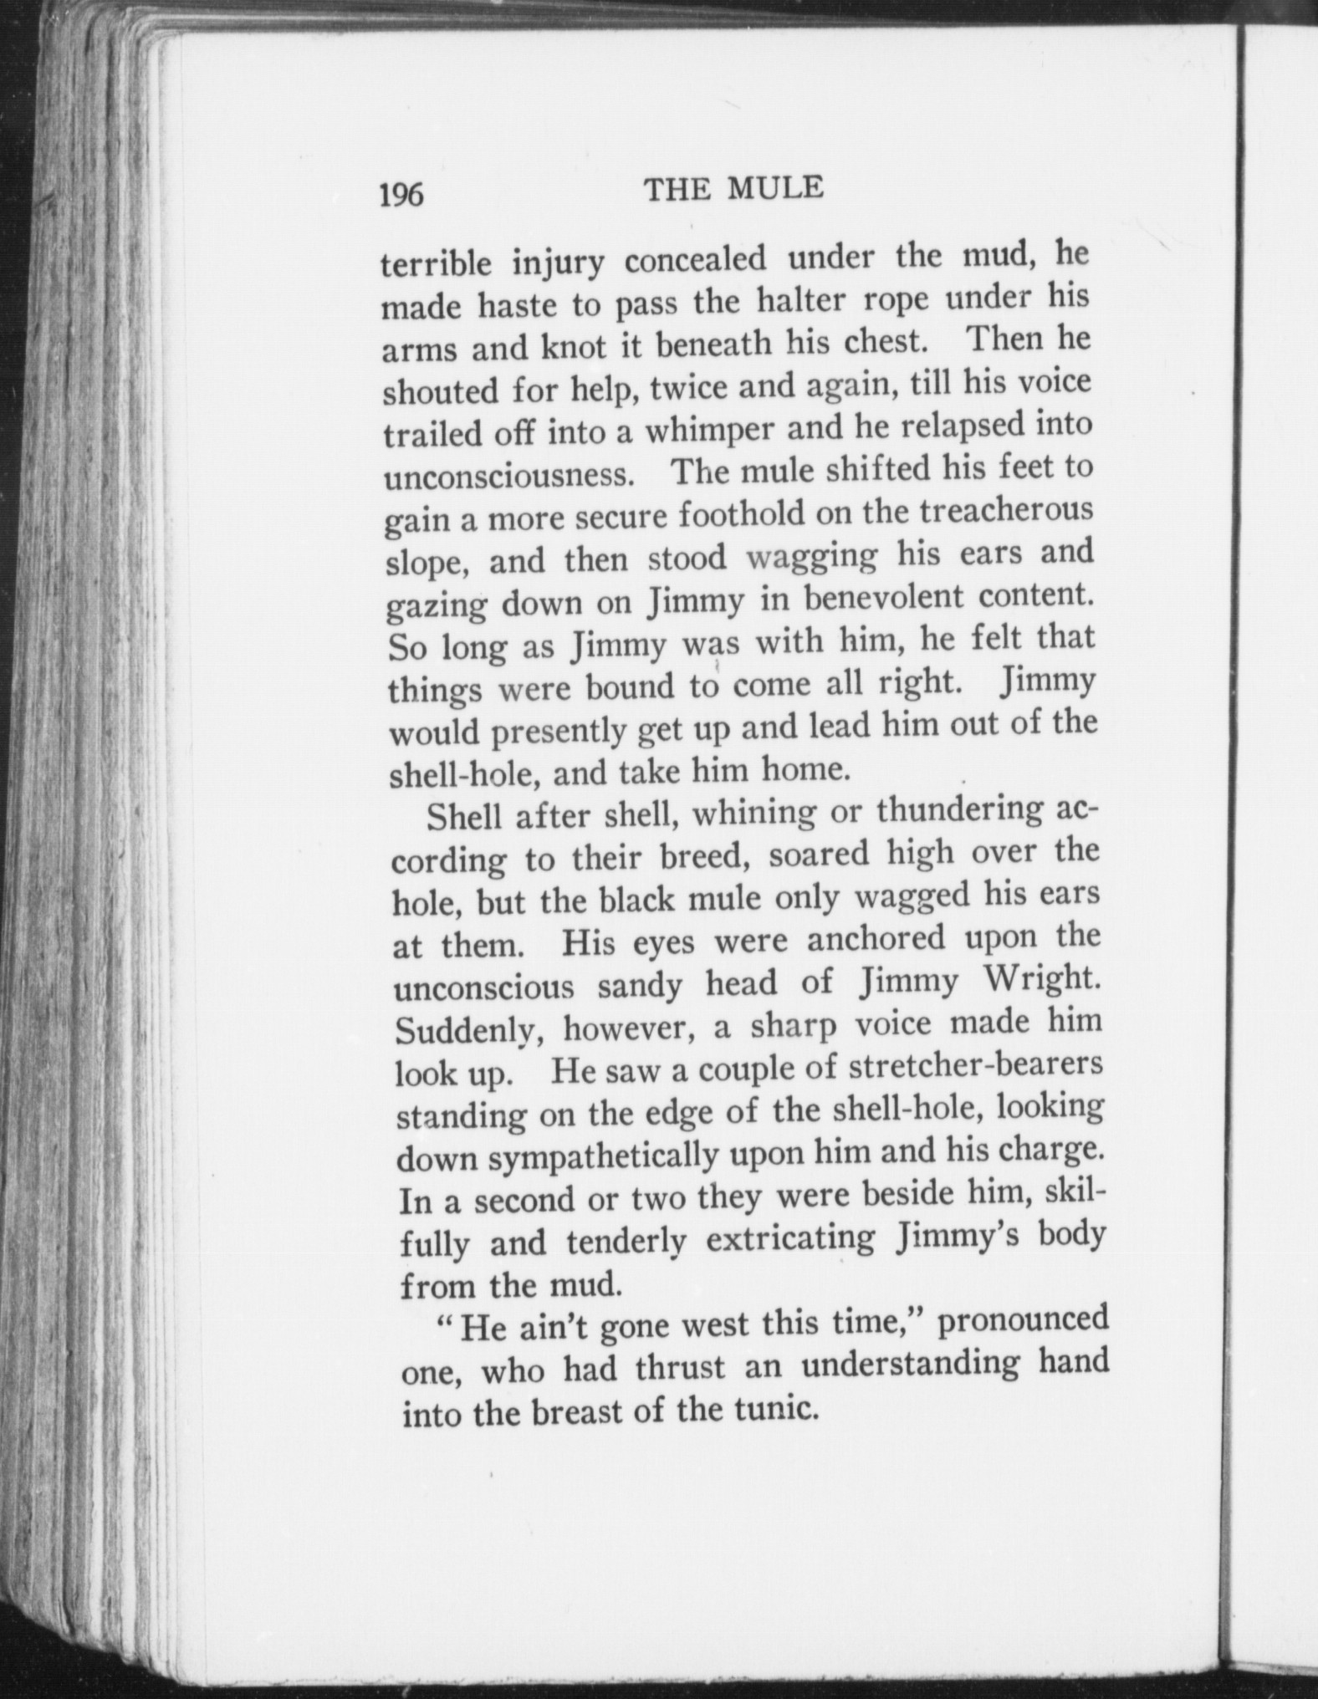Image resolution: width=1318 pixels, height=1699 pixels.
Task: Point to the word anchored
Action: click(876, 938)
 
